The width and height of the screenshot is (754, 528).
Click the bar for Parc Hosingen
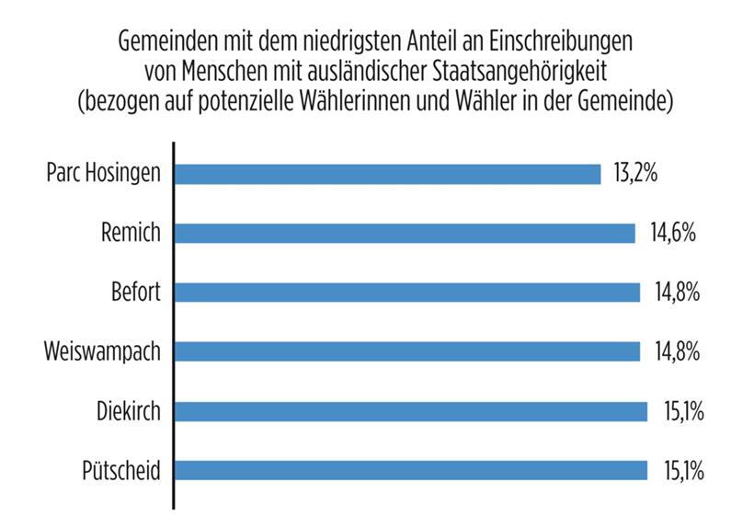click(x=387, y=173)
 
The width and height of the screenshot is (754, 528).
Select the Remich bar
click(x=405, y=233)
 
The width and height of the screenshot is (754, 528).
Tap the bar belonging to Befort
click(x=406, y=293)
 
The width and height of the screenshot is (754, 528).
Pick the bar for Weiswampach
click(x=406, y=351)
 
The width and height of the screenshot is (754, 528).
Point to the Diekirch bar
click(x=410, y=411)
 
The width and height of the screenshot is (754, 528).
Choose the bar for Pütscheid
click(x=410, y=470)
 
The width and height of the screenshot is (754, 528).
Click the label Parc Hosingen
click(x=102, y=173)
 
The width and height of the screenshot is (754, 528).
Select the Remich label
click(x=130, y=233)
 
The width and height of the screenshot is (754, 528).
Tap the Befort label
click(x=134, y=293)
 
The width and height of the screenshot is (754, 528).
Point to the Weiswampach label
click(x=102, y=351)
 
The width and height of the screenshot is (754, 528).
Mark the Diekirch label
click(x=128, y=411)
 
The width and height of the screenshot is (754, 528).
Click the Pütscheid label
click(x=121, y=471)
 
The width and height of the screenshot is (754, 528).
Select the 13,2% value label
click(x=635, y=173)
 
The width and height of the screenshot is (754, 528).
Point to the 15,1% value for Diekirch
click(x=682, y=411)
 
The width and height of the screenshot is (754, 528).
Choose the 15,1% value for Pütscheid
click(x=682, y=470)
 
